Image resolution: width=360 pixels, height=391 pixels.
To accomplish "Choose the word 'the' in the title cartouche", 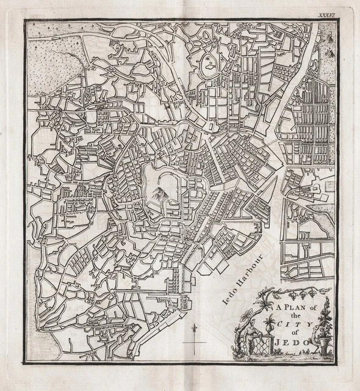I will [x=297, y=316].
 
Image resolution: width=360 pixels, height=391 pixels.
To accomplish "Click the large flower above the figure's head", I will [x=247, y=315].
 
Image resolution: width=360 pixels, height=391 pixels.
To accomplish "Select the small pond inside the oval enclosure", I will [x=207, y=62].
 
